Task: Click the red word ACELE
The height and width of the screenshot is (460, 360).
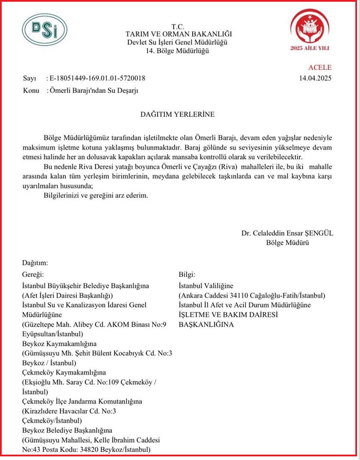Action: [320, 67]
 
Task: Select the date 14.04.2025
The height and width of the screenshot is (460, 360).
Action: [315, 78]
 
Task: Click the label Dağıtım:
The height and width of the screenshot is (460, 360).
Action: [35, 263]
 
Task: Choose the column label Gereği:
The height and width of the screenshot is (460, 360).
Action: [33, 274]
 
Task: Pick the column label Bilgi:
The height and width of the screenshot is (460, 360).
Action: [188, 274]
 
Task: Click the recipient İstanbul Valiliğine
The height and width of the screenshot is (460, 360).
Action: [206, 286]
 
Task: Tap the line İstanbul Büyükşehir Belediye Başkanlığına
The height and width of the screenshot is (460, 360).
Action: [85, 286]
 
